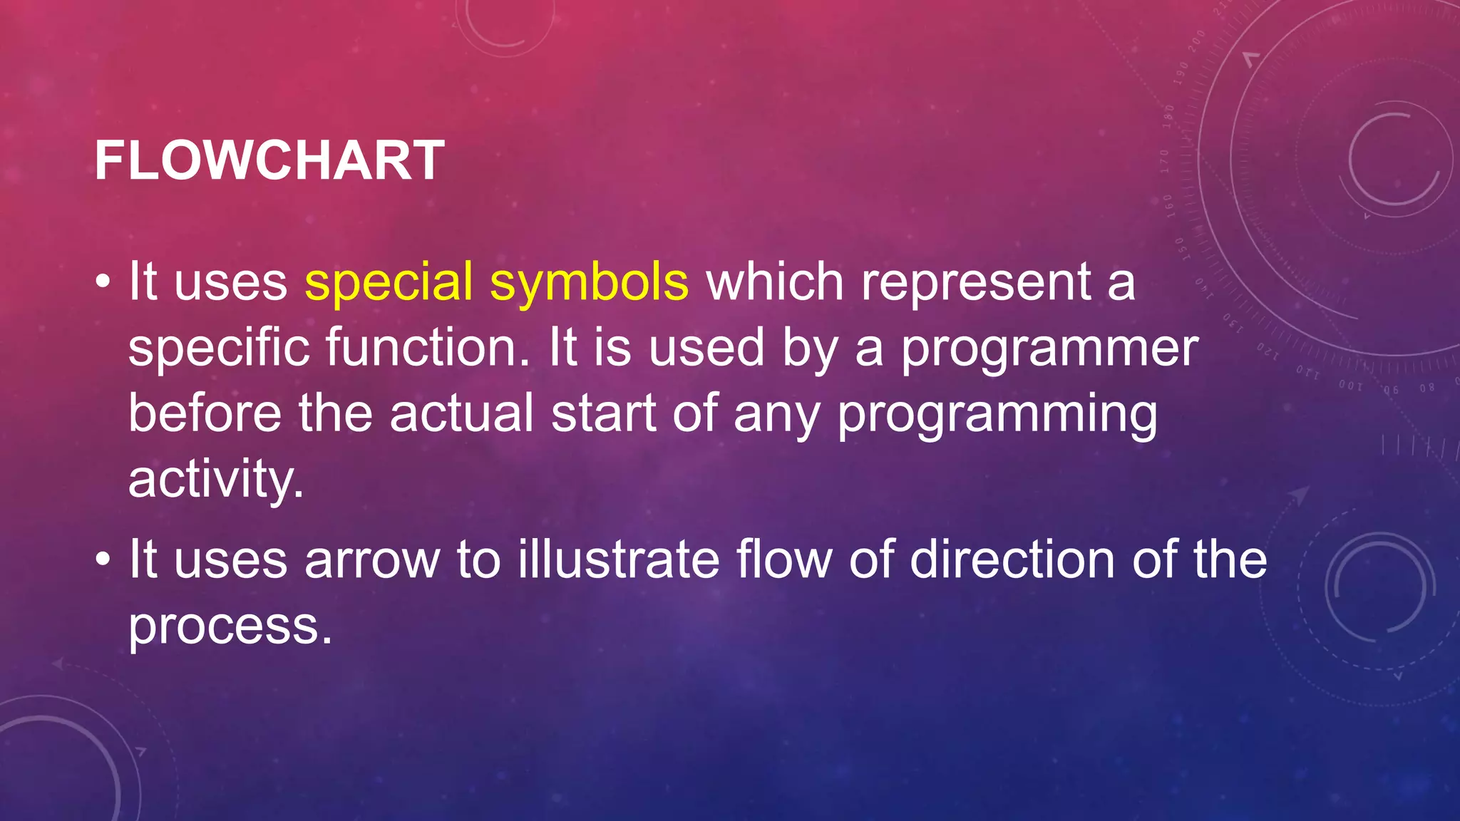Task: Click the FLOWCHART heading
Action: tap(269, 160)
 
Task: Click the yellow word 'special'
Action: tap(389, 282)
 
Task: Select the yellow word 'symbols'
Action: tap(589, 282)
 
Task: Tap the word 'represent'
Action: tap(976, 282)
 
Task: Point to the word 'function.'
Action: tap(428, 348)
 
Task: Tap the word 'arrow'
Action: tap(372, 560)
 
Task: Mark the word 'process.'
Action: tap(230, 626)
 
